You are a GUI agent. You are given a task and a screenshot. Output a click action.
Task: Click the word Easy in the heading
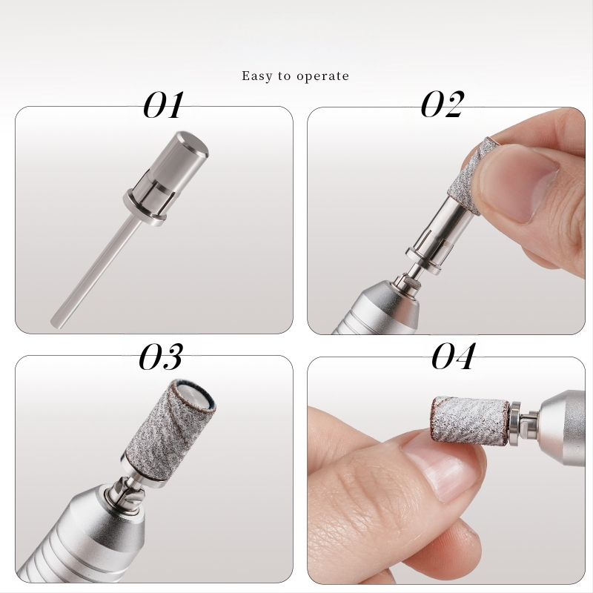point(256,76)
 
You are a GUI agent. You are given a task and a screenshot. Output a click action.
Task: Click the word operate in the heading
point(322,76)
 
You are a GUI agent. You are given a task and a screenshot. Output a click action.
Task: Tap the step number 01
point(163,105)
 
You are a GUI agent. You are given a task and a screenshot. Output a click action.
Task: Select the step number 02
point(442,104)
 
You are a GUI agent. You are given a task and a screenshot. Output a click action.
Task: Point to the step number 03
point(161,357)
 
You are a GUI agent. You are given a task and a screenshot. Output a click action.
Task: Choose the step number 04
point(453,356)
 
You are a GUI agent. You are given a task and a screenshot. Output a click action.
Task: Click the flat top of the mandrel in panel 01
point(193,144)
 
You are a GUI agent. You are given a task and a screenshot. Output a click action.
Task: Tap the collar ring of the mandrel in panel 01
point(145,209)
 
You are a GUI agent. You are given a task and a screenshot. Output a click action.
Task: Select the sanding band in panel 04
point(469,420)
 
